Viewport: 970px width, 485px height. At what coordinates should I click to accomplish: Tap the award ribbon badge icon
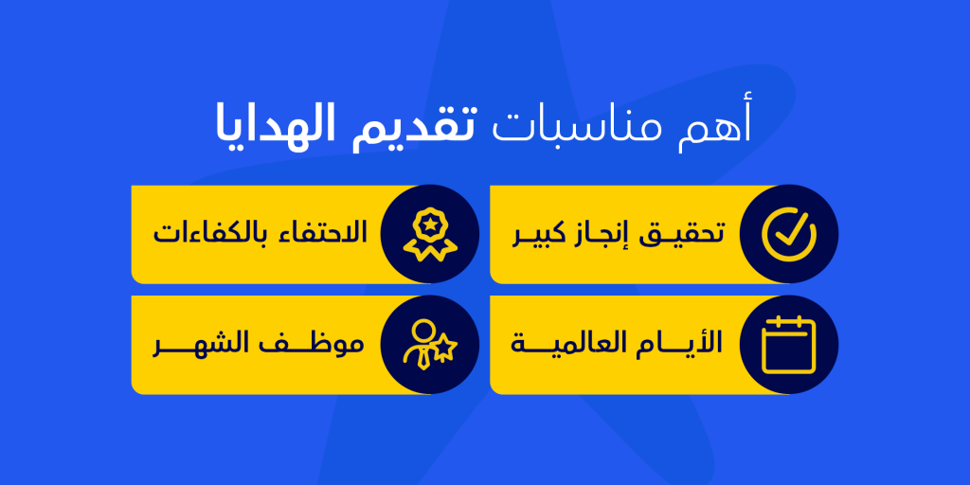click(x=429, y=235)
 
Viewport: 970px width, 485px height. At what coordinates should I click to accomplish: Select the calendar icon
click(x=789, y=345)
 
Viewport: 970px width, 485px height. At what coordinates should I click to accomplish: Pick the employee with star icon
click(x=429, y=345)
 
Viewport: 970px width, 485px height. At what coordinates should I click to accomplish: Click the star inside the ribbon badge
click(x=429, y=225)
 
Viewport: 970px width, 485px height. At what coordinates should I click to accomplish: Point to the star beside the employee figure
click(x=445, y=350)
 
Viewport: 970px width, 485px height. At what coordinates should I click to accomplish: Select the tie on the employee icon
click(x=423, y=359)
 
